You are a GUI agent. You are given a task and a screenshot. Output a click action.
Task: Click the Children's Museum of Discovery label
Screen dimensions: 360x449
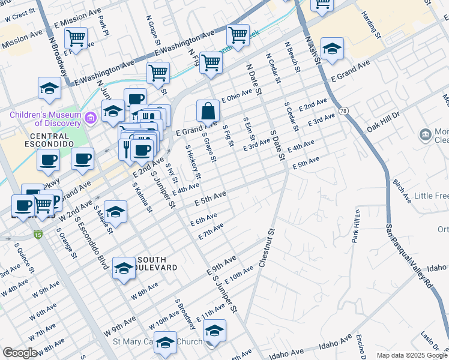click(x=45, y=118)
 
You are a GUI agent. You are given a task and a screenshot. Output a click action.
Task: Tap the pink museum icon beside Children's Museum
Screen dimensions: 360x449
click(x=91, y=116)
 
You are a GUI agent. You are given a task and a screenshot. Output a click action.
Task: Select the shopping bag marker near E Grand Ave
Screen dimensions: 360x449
click(x=207, y=111)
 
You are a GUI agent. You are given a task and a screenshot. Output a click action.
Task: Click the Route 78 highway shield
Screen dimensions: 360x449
click(x=343, y=111)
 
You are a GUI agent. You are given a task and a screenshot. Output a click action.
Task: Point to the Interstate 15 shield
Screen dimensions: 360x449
click(x=38, y=233)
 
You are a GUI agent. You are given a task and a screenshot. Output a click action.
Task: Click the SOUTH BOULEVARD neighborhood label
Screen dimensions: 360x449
click(x=153, y=262)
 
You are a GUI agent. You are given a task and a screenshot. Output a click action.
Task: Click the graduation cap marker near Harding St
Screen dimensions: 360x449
click(x=332, y=49)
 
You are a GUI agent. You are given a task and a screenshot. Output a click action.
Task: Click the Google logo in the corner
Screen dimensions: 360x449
click(x=20, y=353)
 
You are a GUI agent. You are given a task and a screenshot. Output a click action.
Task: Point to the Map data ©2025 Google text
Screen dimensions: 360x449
click(x=411, y=355)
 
